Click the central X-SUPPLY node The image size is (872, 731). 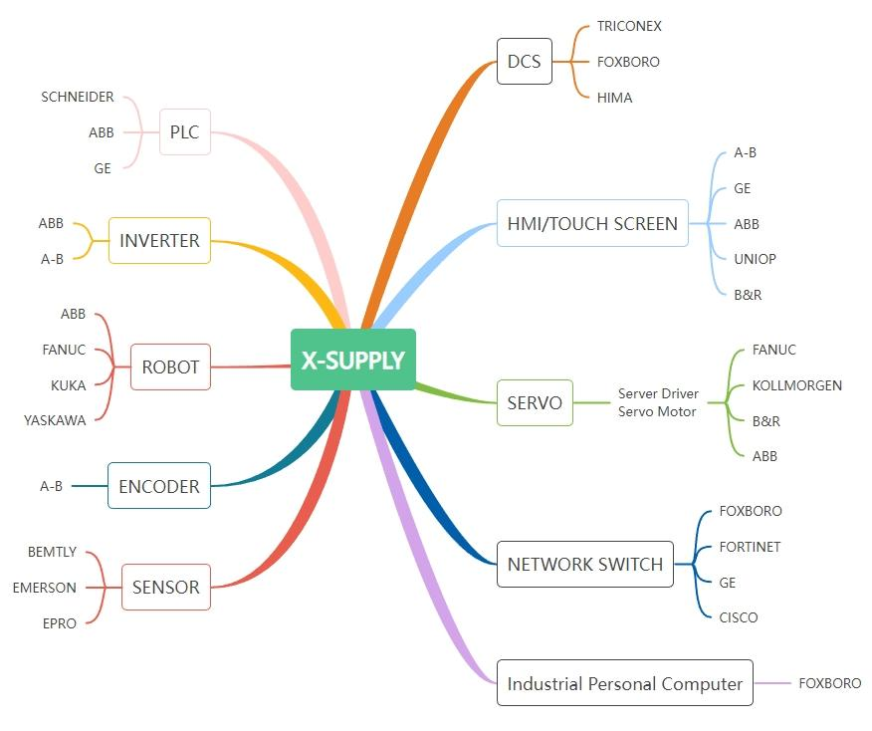(x=352, y=360)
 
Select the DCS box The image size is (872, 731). (x=524, y=62)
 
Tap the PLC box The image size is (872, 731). (x=184, y=132)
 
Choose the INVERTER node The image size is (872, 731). (x=159, y=240)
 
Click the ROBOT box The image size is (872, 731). (x=170, y=366)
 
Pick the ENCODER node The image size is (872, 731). (x=159, y=486)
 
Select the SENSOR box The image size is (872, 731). (x=165, y=587)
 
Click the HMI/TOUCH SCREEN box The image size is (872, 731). (x=592, y=223)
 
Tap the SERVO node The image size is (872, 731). (x=535, y=403)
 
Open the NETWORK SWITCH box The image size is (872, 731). (x=584, y=564)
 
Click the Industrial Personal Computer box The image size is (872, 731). (x=624, y=683)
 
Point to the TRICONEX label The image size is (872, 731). (x=629, y=26)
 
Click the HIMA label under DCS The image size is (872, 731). (x=614, y=98)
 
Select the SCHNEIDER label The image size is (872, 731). (x=78, y=97)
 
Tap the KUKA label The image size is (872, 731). (x=69, y=385)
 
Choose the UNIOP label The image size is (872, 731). (x=755, y=259)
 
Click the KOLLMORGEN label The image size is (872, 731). (x=796, y=385)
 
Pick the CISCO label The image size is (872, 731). (x=738, y=617)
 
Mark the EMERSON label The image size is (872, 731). (x=45, y=588)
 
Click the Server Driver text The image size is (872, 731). (x=658, y=394)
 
